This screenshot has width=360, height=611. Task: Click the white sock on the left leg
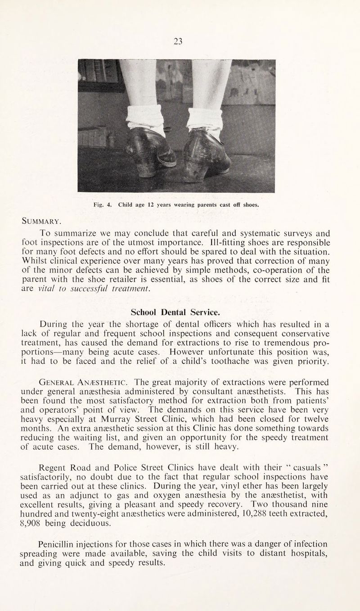[x=145, y=118]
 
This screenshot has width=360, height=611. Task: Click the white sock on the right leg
[x=205, y=120]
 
